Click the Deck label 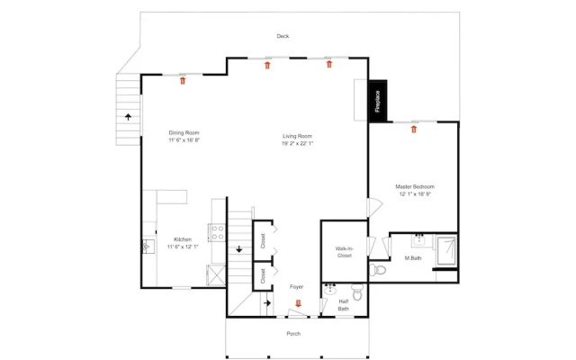(x=283, y=36)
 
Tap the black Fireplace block (x=378, y=101)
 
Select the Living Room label (x=297, y=136)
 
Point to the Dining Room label (x=184, y=132)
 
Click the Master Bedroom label (x=415, y=186)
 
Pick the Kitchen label (x=183, y=239)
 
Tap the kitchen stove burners (x=218, y=232)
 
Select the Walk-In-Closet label (x=344, y=252)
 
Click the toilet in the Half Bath (x=357, y=292)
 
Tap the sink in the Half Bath (x=330, y=289)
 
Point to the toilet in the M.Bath (x=377, y=270)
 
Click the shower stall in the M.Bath (x=446, y=251)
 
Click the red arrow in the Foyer (x=298, y=303)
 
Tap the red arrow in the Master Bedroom (x=414, y=129)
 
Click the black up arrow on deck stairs (x=128, y=117)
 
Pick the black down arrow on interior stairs (x=239, y=249)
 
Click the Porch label (x=293, y=334)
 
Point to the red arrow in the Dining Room (x=183, y=80)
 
